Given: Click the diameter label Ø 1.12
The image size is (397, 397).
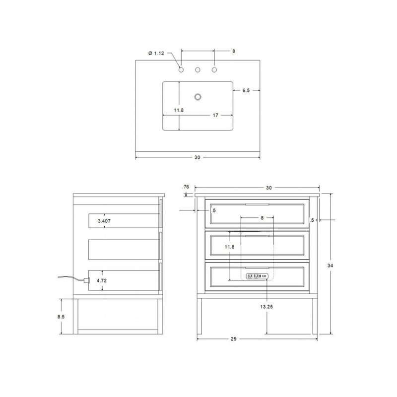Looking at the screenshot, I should pyautogui.click(x=157, y=53).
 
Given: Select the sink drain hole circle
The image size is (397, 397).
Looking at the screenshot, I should pyautogui.click(x=198, y=97).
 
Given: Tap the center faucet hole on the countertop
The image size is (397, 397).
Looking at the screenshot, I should pyautogui.click(x=198, y=70).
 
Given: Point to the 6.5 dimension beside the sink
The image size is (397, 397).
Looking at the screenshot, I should pyautogui.click(x=246, y=90).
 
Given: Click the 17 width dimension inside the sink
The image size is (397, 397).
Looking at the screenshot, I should pyautogui.click(x=216, y=116).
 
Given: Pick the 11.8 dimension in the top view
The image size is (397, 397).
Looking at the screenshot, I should pyautogui.click(x=179, y=110).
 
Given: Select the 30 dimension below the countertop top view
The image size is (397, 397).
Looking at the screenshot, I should pyautogui.click(x=197, y=157).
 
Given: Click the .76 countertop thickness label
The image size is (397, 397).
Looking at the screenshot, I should pyautogui.click(x=186, y=187).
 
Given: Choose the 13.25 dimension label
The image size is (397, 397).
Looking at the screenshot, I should pyautogui.click(x=267, y=307).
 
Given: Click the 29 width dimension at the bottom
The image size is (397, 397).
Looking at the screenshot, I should pyautogui.click(x=233, y=339).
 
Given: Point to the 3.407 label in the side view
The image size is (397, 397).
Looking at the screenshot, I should pyautogui.click(x=104, y=220).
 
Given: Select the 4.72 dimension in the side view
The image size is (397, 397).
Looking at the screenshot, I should pyautogui.click(x=102, y=280).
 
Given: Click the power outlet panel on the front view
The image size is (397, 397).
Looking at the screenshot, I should pyautogui.click(x=257, y=276).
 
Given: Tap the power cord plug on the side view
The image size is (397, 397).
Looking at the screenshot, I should pyautogui.click(x=86, y=281).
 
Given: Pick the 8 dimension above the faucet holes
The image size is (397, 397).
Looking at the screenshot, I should pyautogui.click(x=233, y=51).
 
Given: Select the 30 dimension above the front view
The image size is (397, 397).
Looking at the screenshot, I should pyautogui.click(x=268, y=188).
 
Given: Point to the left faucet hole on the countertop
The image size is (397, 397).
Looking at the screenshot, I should pyautogui.click(x=181, y=70).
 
